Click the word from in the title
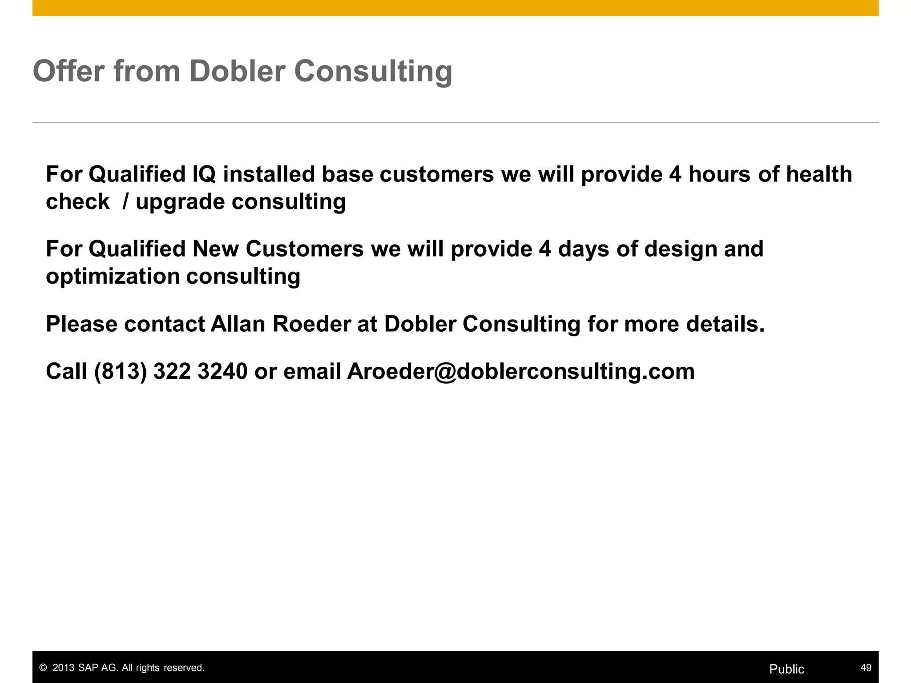(147, 71)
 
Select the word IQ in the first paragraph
(204, 174)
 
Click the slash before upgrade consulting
(125, 202)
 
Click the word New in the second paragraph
(215, 249)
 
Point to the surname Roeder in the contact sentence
(311, 324)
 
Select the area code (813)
(121, 371)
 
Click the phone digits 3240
(222, 371)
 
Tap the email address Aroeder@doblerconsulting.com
(520, 371)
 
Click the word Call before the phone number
(66, 371)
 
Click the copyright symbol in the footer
(43, 668)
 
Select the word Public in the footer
(786, 669)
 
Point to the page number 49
(866, 668)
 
